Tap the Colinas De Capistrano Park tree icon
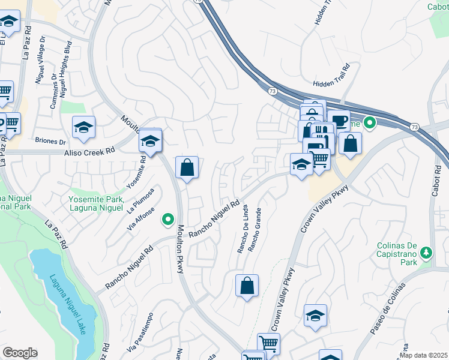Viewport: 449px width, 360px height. point(426,253)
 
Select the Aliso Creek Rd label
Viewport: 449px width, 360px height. point(89,154)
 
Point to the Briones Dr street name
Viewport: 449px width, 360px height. point(50,142)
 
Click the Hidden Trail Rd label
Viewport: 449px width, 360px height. point(331,83)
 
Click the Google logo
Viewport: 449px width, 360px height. point(20,353)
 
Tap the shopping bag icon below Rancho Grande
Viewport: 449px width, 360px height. point(247,286)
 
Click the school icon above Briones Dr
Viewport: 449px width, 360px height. point(83,127)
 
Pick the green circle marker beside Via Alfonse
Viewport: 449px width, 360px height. point(168,221)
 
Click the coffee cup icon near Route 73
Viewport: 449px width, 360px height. point(339,120)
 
